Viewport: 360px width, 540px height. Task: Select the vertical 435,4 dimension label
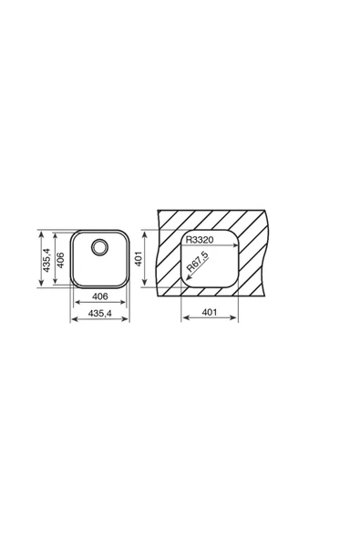pos(44,257)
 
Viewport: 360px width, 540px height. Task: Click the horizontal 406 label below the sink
pos(100,297)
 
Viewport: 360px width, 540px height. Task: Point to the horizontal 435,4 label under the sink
pos(99,313)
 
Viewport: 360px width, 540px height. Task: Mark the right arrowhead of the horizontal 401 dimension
pos(238,320)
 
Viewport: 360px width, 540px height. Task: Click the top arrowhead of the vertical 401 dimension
pos(144,233)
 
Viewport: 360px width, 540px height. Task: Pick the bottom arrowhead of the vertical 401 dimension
pos(144,285)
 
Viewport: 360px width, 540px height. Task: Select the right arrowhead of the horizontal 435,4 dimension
pos(129,320)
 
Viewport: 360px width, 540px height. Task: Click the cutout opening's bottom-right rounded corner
pos(234,282)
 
